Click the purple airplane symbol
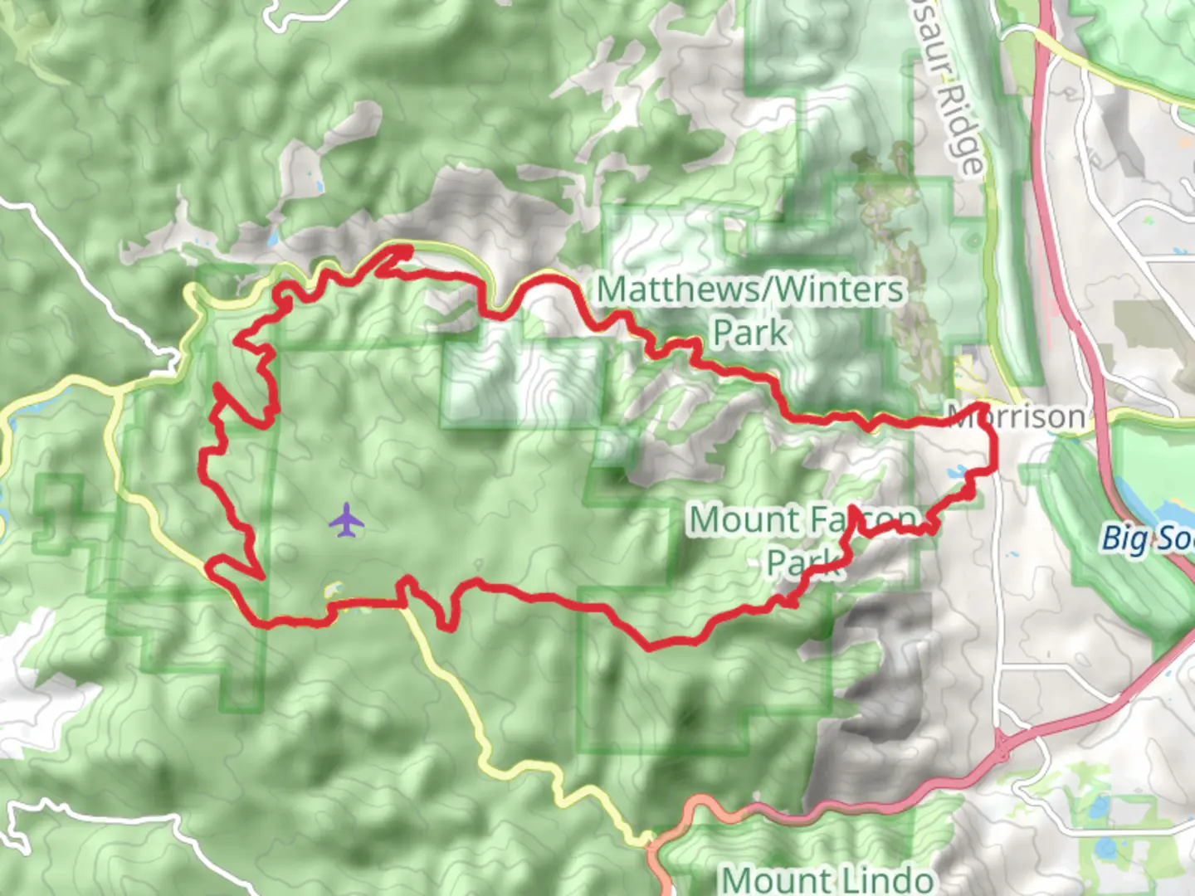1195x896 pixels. point(347,520)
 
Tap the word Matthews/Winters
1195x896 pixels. point(750,290)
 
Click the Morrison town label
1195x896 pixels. point(1019,416)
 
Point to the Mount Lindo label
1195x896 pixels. point(827,878)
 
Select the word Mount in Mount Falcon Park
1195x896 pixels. point(744,520)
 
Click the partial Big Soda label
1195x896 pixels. point(1147,538)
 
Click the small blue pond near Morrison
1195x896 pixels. point(957,472)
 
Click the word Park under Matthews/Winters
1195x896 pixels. point(749,333)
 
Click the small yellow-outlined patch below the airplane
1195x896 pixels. point(334,590)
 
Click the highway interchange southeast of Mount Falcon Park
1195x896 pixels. point(1002,746)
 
